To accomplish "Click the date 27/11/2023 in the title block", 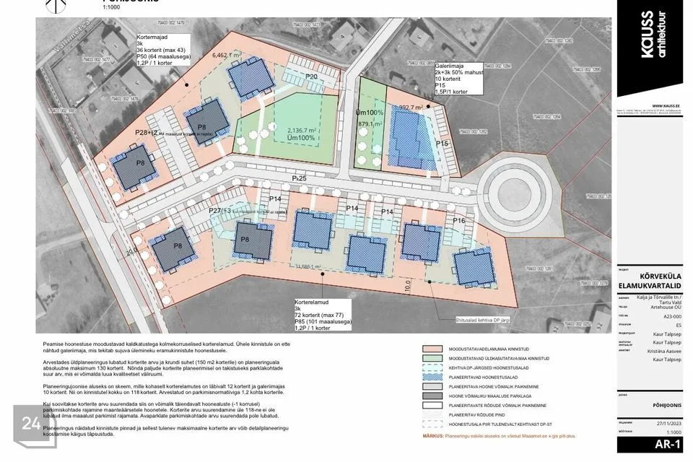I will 668,427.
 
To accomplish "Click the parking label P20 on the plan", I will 312,77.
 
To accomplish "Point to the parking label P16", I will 458,220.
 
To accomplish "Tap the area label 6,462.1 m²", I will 225,55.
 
